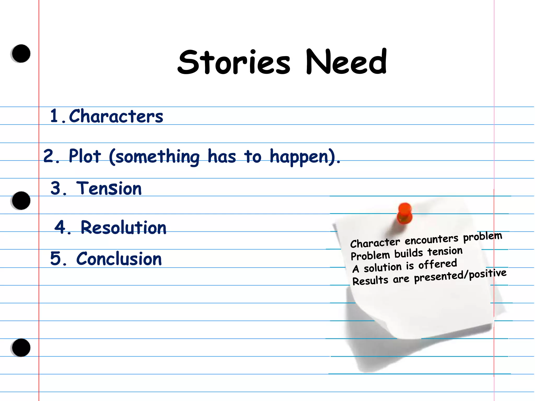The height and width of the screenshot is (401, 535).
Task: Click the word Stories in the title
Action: point(234,62)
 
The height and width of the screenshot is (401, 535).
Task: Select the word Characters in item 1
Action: point(116,116)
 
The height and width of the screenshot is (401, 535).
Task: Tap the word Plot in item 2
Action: point(85,156)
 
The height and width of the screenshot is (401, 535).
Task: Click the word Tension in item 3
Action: point(109,188)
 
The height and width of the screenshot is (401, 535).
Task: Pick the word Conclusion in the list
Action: point(119,259)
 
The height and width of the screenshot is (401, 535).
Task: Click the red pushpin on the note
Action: point(404,213)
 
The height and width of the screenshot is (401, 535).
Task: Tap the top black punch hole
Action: point(21,54)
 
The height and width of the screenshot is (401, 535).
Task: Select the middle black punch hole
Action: point(21,200)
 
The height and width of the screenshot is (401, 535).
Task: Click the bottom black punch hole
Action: point(21,348)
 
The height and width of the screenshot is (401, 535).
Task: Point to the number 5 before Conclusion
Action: point(56,258)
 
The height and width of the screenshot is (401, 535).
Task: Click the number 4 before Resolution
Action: point(60,227)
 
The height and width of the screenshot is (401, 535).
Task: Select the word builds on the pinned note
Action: point(409,253)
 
